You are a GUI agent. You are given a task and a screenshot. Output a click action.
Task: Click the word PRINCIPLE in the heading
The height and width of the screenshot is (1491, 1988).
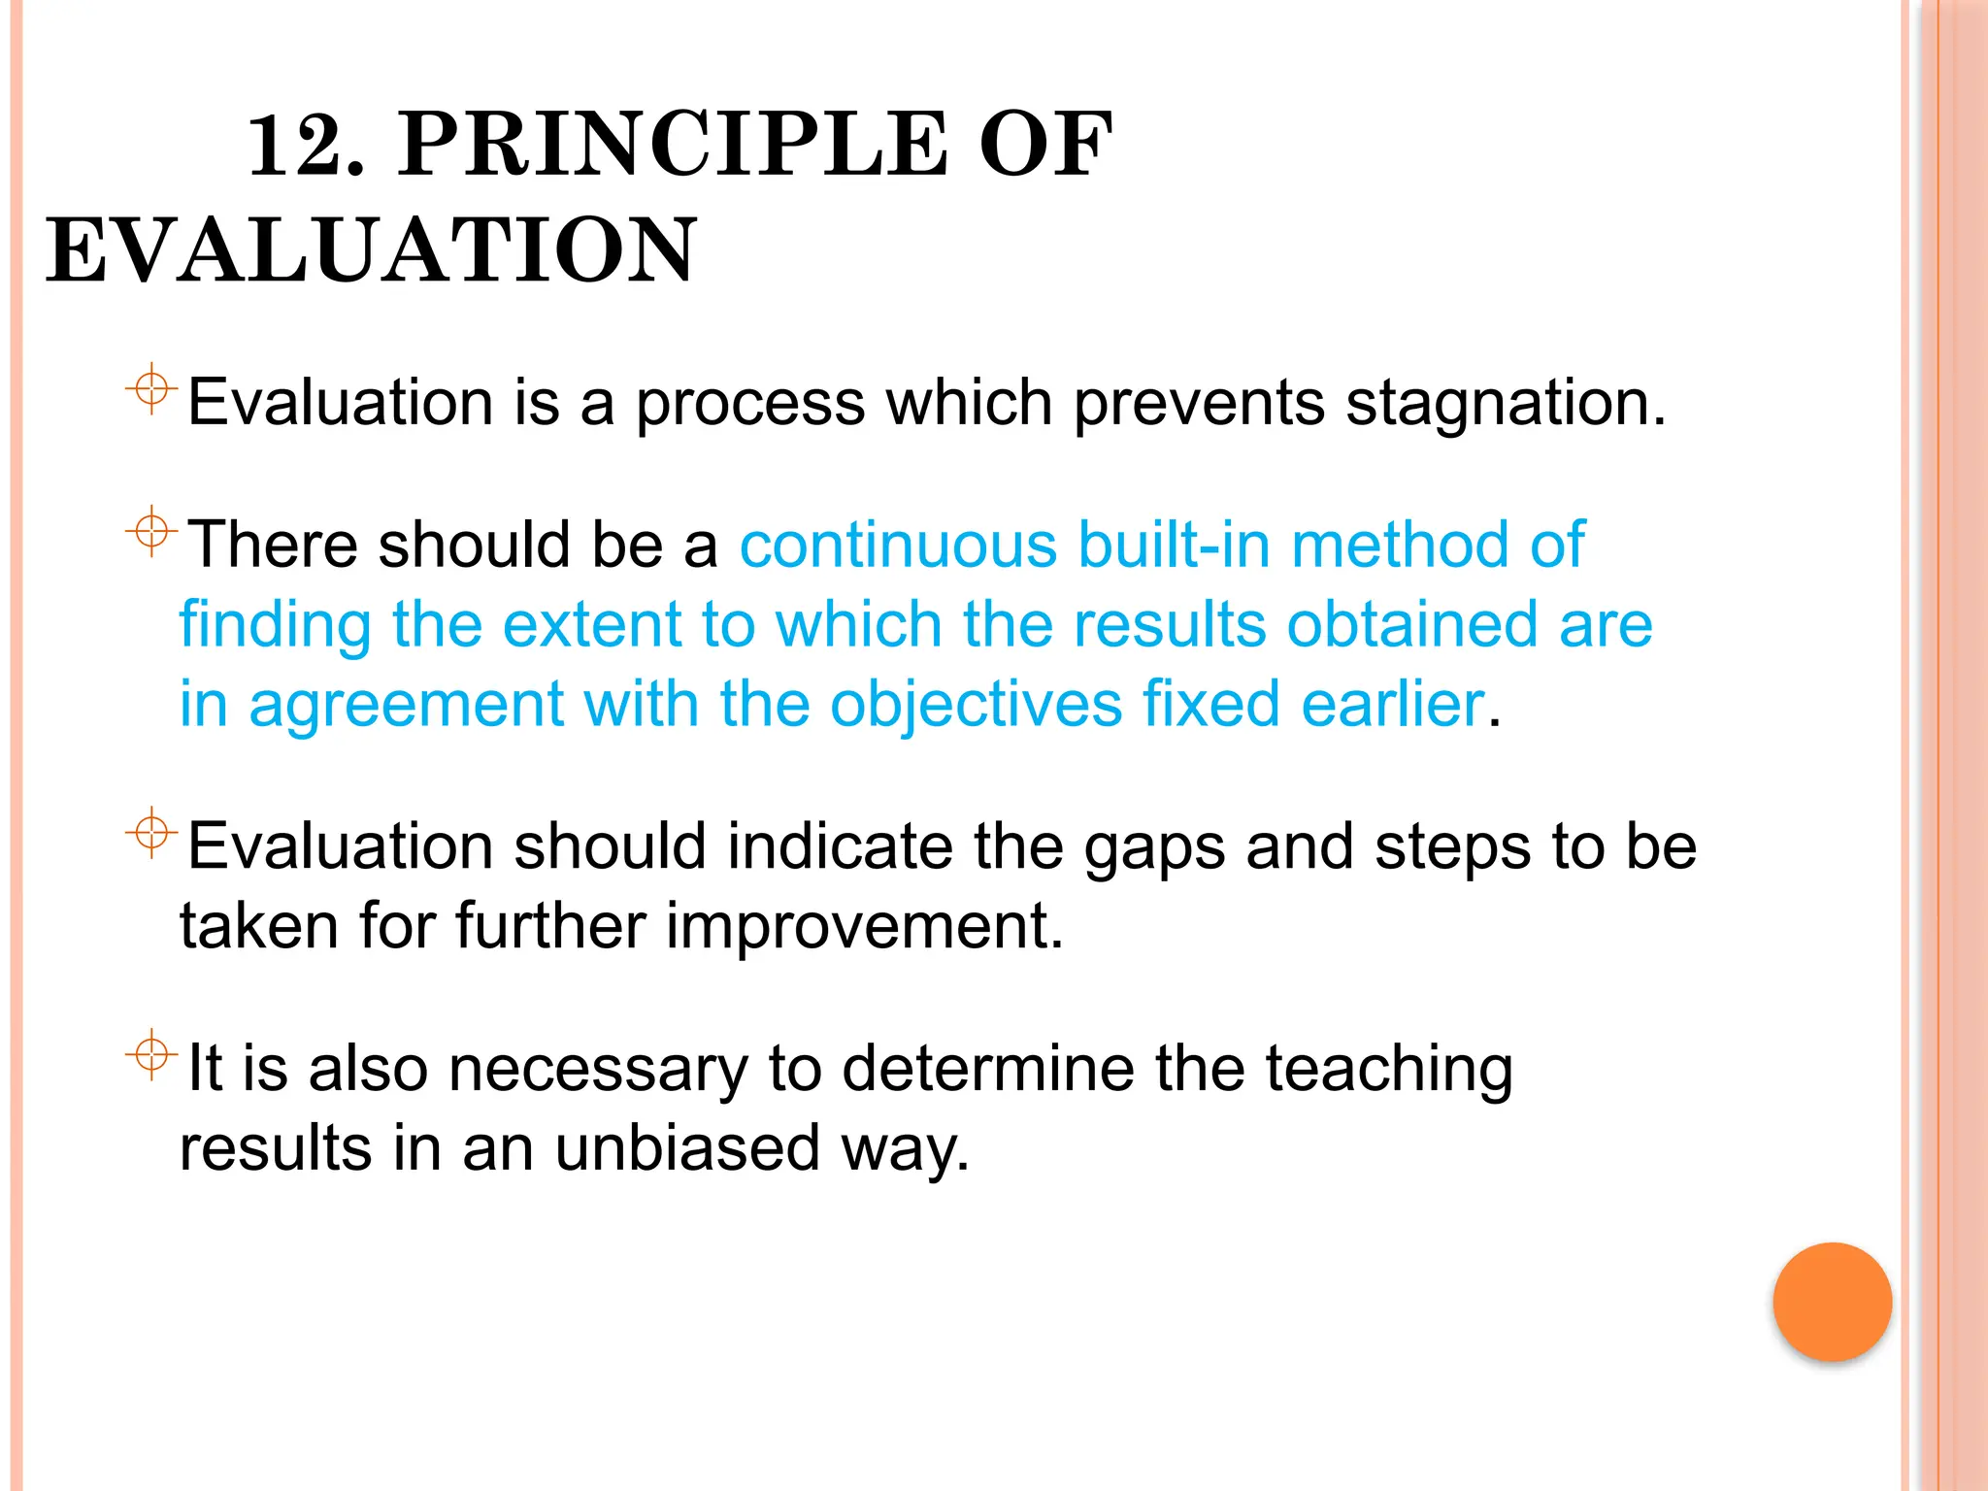[672, 146]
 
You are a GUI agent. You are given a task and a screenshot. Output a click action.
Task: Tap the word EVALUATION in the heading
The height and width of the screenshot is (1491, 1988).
[372, 251]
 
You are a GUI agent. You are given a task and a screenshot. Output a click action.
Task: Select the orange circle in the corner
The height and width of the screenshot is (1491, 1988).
[1832, 1302]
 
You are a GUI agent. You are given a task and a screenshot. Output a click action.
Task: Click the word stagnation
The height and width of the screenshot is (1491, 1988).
[1506, 403]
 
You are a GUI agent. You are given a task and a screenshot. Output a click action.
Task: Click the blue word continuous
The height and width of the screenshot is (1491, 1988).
[898, 545]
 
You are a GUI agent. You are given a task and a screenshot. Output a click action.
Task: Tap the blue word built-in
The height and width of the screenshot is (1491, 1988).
[1174, 545]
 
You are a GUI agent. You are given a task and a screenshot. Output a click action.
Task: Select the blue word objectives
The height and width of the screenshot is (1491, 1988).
[976, 704]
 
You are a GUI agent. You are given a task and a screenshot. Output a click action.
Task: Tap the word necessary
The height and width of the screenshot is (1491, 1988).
[598, 1070]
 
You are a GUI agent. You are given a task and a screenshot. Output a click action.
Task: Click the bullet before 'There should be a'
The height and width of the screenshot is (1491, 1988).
[151, 531]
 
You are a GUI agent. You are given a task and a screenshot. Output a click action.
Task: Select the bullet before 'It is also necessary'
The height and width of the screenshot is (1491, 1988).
[151, 1054]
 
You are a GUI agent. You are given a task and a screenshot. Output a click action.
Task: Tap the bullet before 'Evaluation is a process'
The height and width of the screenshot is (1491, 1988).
[151, 389]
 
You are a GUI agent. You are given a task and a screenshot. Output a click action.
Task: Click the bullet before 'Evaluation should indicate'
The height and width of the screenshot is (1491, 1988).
[151, 833]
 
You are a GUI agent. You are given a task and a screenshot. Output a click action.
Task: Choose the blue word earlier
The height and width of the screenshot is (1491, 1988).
[1392, 704]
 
